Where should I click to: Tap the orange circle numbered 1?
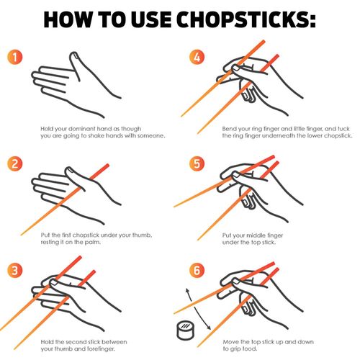click(14, 57)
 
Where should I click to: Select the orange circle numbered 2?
click(14, 163)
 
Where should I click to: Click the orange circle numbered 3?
click(14, 270)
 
